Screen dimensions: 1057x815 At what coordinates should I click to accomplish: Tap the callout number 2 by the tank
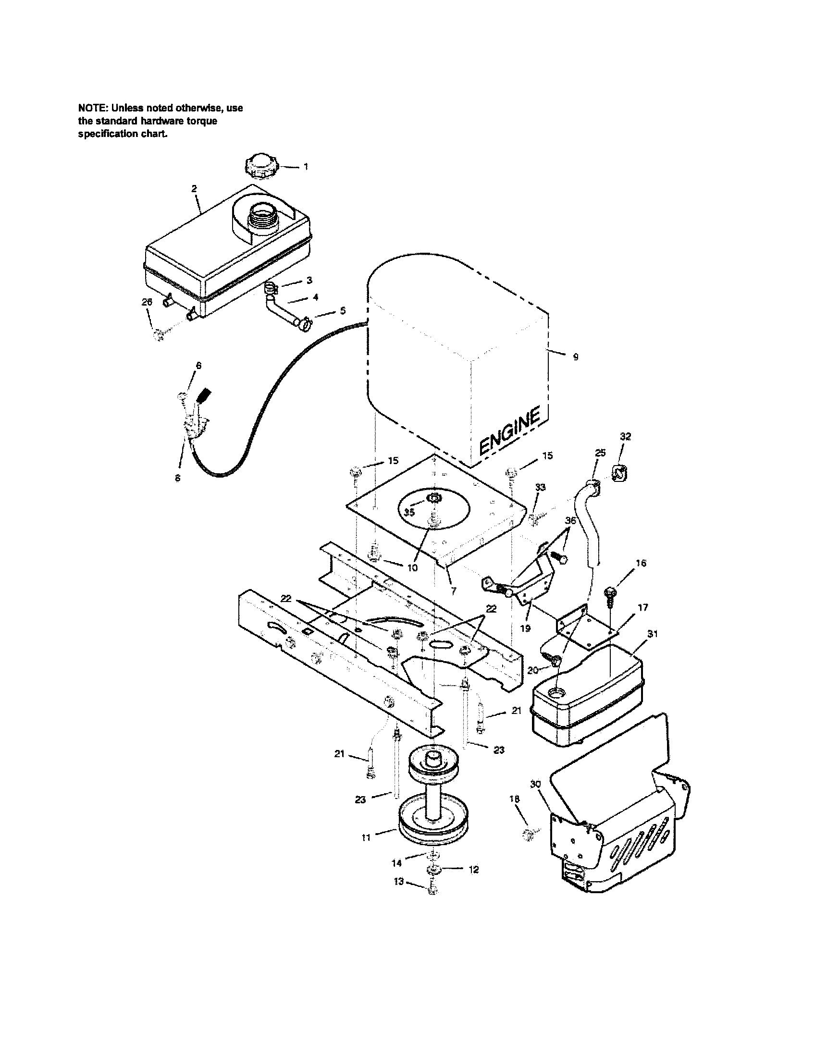(194, 189)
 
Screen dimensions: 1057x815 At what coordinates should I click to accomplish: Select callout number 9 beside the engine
(575, 357)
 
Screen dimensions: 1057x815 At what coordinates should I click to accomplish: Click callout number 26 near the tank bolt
(147, 302)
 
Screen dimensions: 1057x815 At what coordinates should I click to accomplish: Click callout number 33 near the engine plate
(541, 487)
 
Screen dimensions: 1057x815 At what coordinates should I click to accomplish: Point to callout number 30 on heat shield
(535, 784)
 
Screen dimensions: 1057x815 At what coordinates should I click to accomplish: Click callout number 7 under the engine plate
(453, 591)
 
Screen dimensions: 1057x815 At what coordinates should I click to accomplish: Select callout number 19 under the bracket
(525, 628)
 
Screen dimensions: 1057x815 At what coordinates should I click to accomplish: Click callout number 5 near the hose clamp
(343, 311)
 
